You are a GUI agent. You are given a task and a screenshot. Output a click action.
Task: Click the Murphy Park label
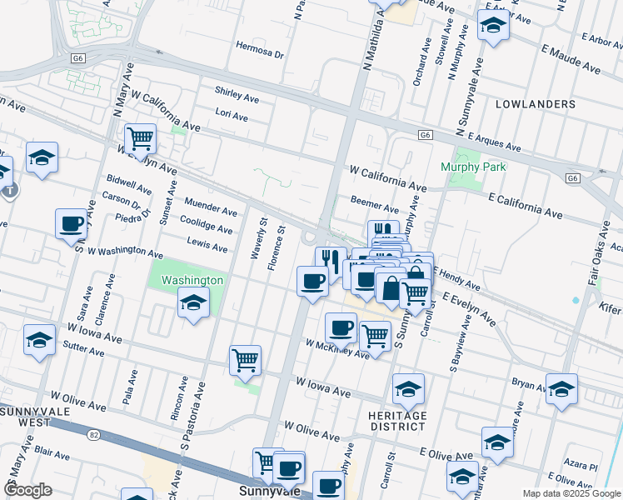point(472,167)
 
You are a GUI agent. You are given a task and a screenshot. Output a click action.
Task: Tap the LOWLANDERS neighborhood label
point(535,104)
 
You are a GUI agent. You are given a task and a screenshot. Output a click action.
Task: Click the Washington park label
point(192,280)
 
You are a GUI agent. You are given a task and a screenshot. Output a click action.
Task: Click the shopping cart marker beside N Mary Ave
point(141,137)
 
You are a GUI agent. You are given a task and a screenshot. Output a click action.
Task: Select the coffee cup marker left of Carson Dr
point(72,223)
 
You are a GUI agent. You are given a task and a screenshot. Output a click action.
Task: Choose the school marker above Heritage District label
point(408,388)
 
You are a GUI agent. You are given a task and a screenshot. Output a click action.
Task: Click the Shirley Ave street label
point(237,94)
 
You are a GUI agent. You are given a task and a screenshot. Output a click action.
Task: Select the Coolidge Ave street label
point(207,227)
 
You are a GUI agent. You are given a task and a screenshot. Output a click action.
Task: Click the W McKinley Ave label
point(336,349)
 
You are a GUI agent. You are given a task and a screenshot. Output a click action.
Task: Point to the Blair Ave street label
point(52,455)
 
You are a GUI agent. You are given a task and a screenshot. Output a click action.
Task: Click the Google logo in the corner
point(28,489)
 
